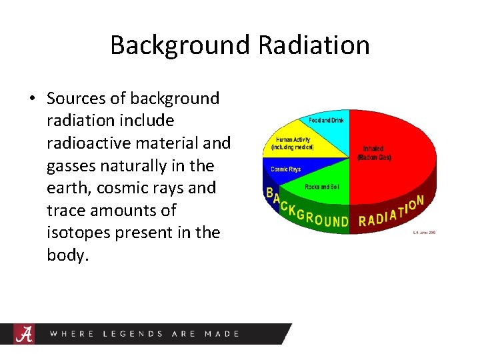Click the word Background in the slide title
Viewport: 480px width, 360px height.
pyautogui.click(x=179, y=45)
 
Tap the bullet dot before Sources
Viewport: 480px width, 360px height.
pyautogui.click(x=32, y=99)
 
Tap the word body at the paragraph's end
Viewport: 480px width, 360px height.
pyautogui.click(x=67, y=255)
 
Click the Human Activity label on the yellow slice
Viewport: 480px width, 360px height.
pyautogui.click(x=292, y=143)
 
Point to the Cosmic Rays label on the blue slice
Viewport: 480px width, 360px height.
pyautogui.click(x=285, y=169)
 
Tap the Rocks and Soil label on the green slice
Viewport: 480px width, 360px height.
pyautogui.click(x=322, y=187)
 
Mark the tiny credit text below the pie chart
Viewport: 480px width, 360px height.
pyautogui.click(x=424, y=233)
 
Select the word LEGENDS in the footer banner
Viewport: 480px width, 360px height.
pyautogui.click(x=133, y=333)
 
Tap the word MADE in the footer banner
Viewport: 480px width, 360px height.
pyautogui.click(x=222, y=333)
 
